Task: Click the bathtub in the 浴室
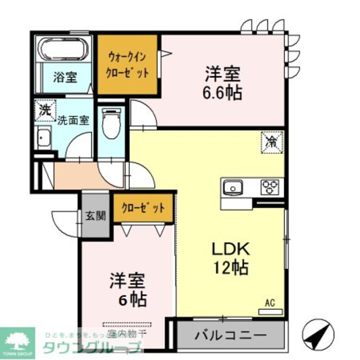(x=65, y=49)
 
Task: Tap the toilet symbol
(x=111, y=122)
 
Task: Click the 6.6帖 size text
(x=222, y=93)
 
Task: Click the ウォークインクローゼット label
(x=128, y=64)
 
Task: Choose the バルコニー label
(x=231, y=337)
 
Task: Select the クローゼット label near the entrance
(x=143, y=208)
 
